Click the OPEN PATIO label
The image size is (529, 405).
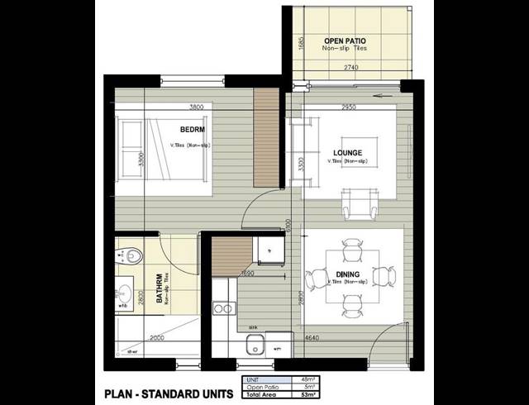click(345, 40)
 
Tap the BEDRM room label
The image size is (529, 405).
click(192, 130)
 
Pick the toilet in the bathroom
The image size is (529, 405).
click(132, 255)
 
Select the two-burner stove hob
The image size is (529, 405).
click(223, 308)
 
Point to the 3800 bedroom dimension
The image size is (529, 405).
click(196, 107)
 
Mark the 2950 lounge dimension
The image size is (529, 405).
click(348, 107)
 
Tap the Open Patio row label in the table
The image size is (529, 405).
click(262, 386)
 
